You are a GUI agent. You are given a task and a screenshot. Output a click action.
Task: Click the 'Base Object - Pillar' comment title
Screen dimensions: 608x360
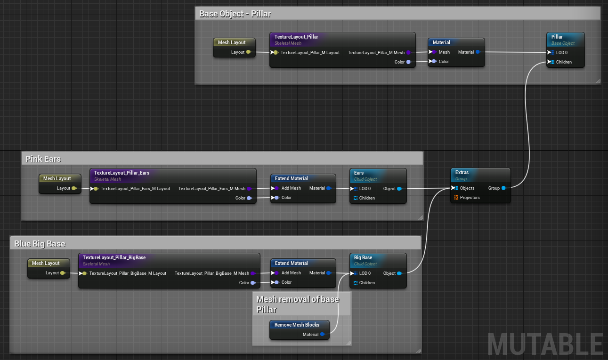pos(235,14)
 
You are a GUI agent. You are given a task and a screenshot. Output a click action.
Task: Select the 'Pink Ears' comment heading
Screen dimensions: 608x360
pos(43,159)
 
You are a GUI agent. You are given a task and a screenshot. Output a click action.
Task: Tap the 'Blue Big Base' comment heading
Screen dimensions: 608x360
pos(40,244)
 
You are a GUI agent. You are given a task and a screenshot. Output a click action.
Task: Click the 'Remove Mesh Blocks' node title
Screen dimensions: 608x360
pos(297,325)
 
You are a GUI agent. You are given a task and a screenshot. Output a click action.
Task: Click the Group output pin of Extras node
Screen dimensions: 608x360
pos(504,188)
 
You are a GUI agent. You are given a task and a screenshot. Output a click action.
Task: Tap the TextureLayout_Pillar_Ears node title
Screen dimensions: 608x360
pos(122,173)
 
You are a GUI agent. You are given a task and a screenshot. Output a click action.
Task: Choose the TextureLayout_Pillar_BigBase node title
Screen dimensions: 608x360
pos(114,257)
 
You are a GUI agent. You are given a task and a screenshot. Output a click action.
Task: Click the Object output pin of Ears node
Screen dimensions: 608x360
pos(399,189)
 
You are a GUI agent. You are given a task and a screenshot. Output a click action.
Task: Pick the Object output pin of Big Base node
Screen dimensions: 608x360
pos(399,273)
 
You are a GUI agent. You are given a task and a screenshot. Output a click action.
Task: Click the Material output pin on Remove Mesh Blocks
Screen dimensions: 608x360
pos(323,334)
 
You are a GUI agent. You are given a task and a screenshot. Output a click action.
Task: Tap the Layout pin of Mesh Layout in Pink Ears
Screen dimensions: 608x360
pos(74,188)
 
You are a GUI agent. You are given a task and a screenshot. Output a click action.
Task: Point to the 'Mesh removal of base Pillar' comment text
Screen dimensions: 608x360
pos(298,304)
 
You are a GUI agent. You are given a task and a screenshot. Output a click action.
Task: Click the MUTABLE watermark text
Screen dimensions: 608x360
pos(545,344)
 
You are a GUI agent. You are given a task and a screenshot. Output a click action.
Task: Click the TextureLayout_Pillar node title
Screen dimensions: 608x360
pos(296,37)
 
